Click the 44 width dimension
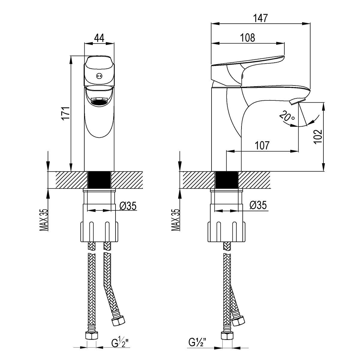coord(99,38)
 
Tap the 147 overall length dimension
coord(260,19)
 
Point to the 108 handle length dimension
coord(247,38)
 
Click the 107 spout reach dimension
coord(262,146)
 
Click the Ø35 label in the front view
coord(128,206)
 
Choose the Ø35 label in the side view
coord(258,206)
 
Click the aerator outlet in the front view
coord(99,102)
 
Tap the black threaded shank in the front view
coord(99,180)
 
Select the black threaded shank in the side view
coord(226,180)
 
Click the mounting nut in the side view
coord(226,231)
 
